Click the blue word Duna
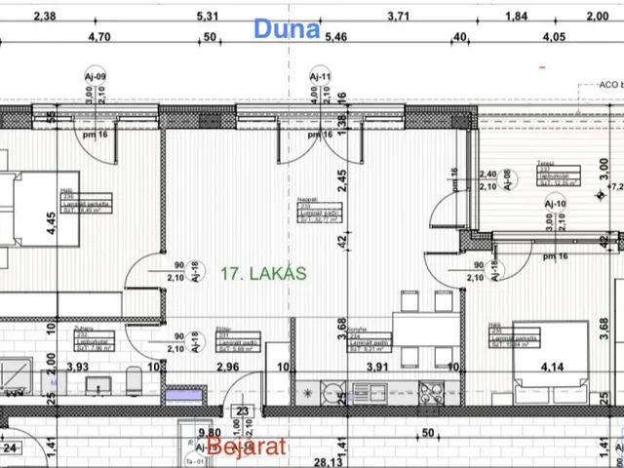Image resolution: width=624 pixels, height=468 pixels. point(287,28)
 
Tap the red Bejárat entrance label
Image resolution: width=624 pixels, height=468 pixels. point(247,447)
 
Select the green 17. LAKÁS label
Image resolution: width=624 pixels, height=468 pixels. point(263,274)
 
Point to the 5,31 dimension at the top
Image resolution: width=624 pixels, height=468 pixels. point(207,16)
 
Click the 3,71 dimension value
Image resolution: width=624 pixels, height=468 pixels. point(398,16)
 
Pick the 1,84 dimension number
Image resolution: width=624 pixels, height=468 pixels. point(516,16)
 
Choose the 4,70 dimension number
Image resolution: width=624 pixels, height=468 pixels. point(99,37)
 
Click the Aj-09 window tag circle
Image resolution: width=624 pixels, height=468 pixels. point(96,76)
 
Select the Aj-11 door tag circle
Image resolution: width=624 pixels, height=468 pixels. point(320,76)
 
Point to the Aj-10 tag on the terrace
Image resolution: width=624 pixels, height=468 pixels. point(555,204)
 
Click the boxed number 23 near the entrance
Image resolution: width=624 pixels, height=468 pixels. point(241,411)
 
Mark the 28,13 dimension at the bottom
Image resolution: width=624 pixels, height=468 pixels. point(327,462)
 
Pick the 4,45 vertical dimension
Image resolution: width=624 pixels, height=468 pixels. point(52,219)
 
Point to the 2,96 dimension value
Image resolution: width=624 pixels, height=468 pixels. point(226,367)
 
